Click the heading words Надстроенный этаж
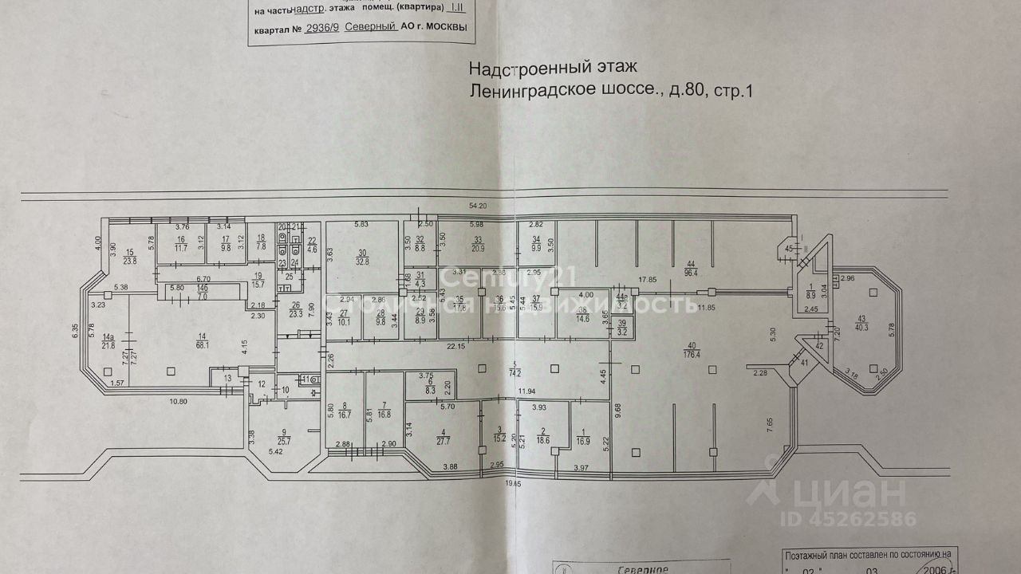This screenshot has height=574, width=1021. click(553, 69)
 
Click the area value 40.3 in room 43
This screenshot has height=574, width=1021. click(864, 325)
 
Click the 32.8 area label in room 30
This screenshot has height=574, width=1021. click(362, 261)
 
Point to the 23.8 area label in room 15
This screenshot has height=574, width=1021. click(131, 261)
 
